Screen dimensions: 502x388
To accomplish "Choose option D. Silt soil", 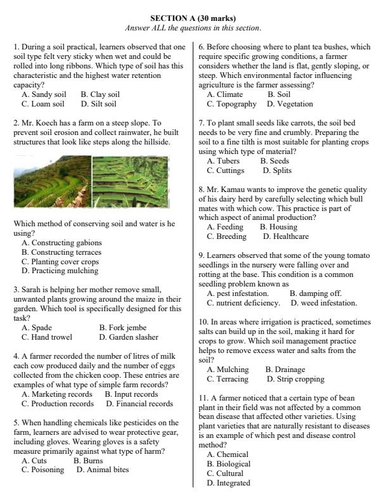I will tap(98, 104).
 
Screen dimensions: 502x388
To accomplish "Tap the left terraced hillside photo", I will tap(53, 182).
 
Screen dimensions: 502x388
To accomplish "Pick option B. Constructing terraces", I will tap(61, 252).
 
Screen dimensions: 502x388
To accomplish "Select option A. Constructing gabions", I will tap(61, 242).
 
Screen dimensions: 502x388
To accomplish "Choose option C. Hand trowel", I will tap(47, 337).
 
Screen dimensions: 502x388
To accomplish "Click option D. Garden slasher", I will tap(129, 337).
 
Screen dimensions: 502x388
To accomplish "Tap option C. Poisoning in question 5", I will tap(42, 470).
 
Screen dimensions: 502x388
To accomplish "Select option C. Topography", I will tap(231, 104).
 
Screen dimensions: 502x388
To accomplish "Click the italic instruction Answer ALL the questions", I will tap(193, 28).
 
